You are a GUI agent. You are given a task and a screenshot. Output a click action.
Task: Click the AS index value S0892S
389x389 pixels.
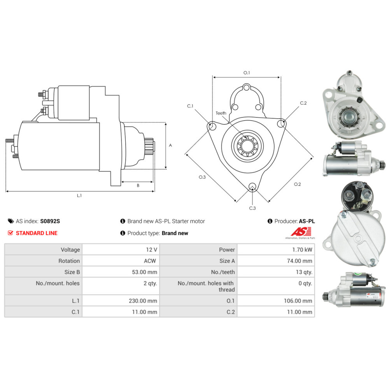pos(50,221)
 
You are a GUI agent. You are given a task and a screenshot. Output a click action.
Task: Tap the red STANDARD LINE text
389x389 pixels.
pos(37,233)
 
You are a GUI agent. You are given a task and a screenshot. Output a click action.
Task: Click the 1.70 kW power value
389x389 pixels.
pos(302,250)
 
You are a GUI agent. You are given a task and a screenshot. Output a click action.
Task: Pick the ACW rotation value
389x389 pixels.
pos(150,261)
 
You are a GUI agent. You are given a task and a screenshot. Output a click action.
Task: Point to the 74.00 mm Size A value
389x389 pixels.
pos(300,261)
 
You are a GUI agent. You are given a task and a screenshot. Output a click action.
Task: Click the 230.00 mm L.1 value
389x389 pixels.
pos(143,301)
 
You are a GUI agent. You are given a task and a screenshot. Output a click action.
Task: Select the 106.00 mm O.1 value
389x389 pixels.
pos(298,301)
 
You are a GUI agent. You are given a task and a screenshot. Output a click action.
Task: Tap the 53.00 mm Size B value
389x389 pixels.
pos(144,272)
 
